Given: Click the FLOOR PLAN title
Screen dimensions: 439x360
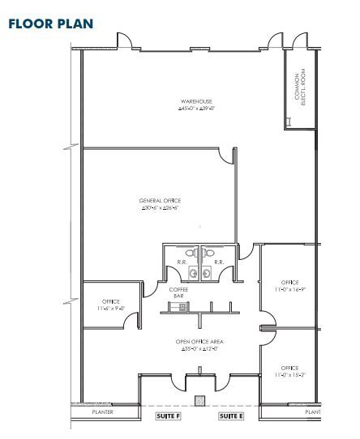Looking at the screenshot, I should click(x=50, y=23).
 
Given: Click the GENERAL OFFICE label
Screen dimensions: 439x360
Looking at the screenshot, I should click(x=160, y=200).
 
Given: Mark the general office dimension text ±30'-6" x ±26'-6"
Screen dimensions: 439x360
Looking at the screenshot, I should click(x=160, y=207).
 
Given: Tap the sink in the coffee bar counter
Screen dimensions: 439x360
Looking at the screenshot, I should click(x=178, y=305).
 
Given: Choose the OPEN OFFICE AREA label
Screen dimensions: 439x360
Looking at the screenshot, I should click(x=199, y=342).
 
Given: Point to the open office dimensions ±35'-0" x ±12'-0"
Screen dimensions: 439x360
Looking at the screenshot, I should click(x=199, y=349).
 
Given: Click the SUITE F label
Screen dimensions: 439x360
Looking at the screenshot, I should click(x=167, y=416).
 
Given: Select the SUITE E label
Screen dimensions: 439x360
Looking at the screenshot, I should click(x=231, y=416).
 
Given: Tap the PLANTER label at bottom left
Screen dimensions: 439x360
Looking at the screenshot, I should click(x=102, y=412).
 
